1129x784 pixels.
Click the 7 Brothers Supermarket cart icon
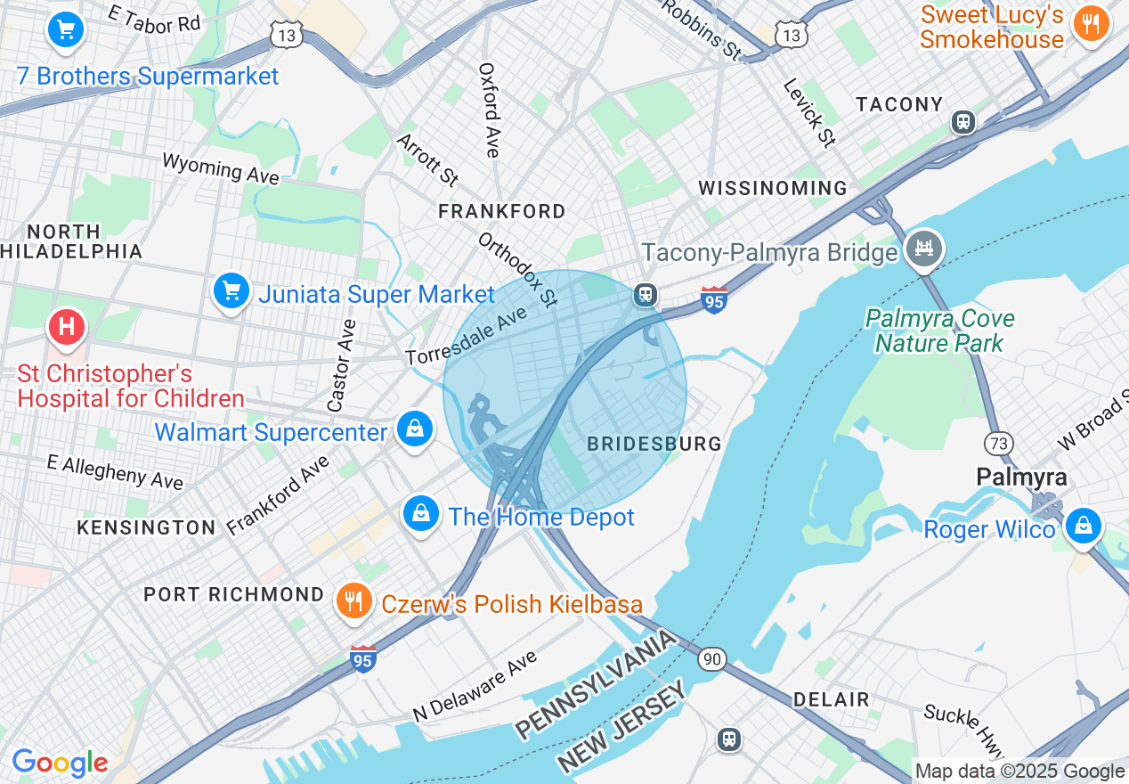pos(65,30)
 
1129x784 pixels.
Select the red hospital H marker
pos(66,326)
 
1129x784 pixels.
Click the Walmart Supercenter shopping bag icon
pos(415,429)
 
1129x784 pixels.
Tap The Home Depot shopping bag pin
pos(421,513)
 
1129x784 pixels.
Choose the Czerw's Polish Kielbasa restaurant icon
pos(353,601)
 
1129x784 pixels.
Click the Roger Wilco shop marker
pos(1083,525)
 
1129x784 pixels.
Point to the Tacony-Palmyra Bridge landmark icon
pos(924,249)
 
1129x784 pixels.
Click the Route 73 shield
pos(998,442)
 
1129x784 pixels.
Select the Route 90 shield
pos(711,659)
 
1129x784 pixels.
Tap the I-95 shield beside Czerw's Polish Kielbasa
pos(362,658)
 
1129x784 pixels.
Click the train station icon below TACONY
pos(962,122)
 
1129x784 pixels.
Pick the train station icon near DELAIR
pos(729,739)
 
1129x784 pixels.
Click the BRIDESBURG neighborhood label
pos(654,444)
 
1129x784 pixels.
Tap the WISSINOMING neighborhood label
pos(773,188)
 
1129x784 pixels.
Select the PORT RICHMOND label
pos(234,594)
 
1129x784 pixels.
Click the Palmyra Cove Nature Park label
pos(939,331)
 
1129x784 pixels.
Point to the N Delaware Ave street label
pos(475,687)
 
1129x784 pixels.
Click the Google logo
pos(60,763)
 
